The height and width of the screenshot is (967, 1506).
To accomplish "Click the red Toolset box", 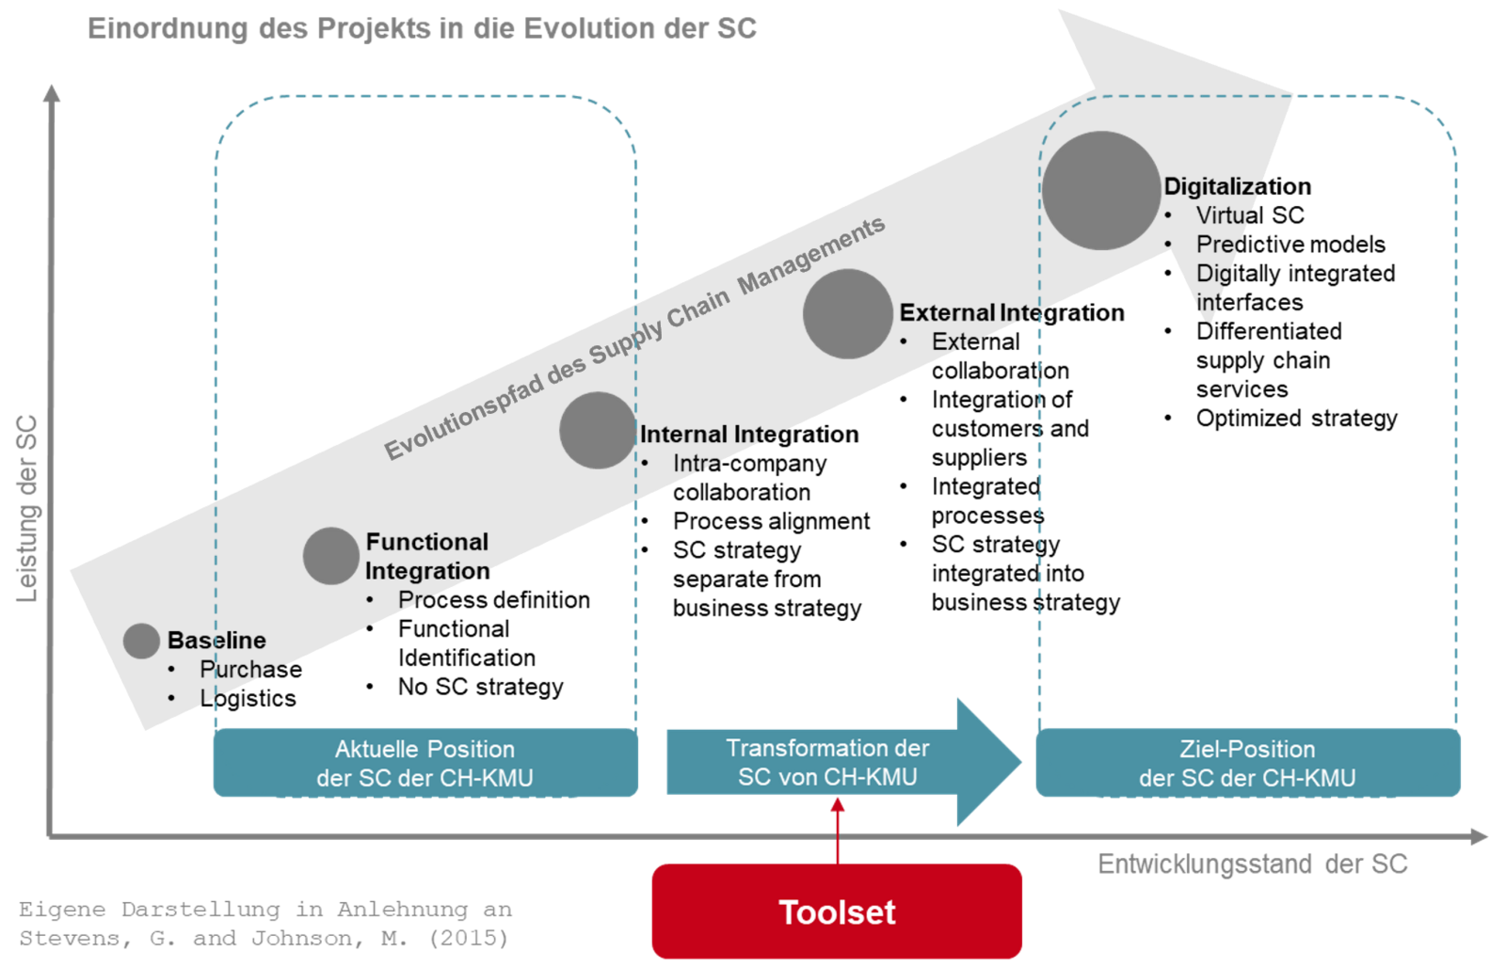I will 837,911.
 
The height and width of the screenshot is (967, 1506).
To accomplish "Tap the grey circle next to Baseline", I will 141,641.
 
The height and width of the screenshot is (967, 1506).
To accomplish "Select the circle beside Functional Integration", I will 330,556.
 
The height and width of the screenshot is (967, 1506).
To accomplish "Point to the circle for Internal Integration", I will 598,430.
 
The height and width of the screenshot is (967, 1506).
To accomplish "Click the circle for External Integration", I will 847,314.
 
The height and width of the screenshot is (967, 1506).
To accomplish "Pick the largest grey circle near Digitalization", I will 1100,191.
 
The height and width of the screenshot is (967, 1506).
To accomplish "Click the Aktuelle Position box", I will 425,763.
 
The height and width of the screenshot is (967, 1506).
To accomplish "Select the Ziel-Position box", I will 1247,763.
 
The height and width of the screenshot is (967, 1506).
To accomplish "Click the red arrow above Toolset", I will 837,828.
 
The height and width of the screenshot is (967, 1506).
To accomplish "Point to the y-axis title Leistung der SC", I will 27,508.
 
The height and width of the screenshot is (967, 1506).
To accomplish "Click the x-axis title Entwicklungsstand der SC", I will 1252,864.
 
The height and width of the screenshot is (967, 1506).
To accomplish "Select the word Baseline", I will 216,641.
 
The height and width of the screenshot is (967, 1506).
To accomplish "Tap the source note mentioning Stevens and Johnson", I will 264,924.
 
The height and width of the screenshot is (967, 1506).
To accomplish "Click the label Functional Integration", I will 427,556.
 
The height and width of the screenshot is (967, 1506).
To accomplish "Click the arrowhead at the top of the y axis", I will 52,92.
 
